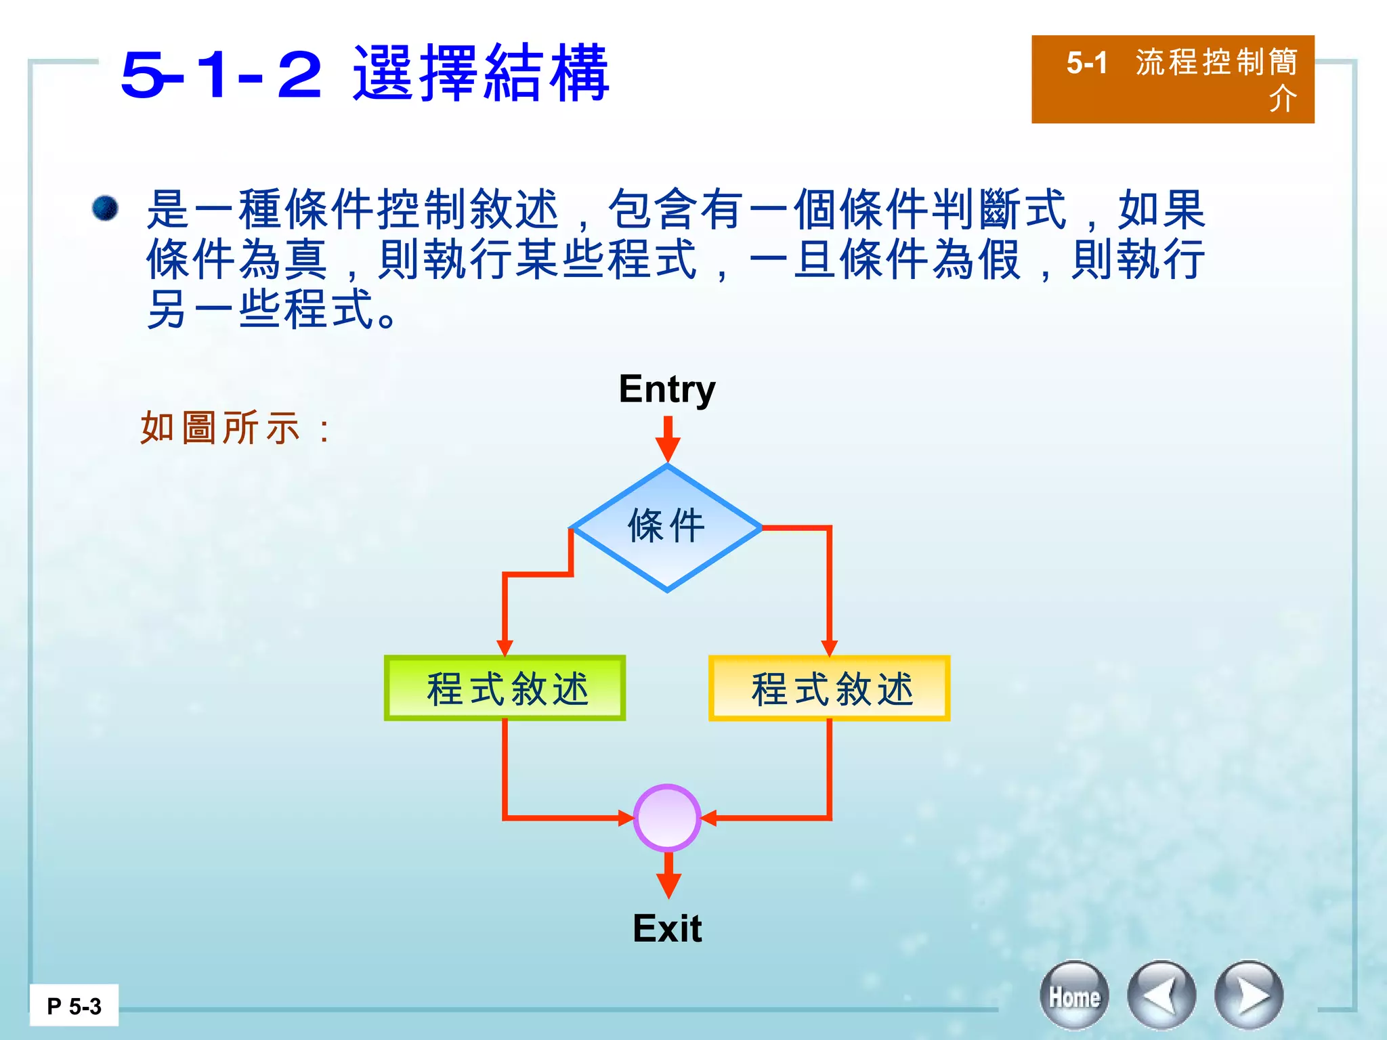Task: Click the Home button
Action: (1074, 996)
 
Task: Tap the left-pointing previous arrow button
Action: (1161, 996)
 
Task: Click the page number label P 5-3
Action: (74, 1006)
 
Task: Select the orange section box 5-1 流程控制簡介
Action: (1172, 79)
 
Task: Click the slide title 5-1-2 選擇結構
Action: (365, 73)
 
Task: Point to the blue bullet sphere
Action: (105, 208)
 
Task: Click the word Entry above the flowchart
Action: (667, 389)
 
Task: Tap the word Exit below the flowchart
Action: (667, 928)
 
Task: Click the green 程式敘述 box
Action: (505, 688)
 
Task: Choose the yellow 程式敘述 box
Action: (829, 688)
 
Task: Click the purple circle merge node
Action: (667, 818)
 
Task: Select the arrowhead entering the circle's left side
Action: (625, 818)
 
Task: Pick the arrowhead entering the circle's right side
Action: (709, 818)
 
